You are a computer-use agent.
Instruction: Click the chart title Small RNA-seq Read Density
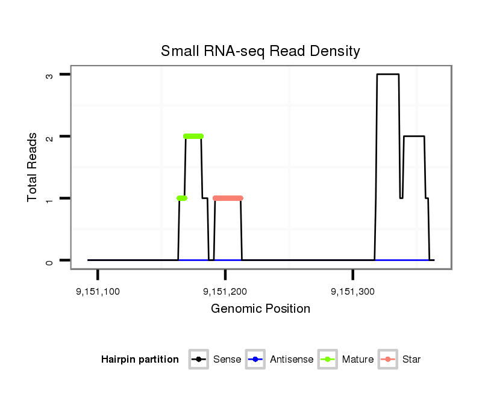point(260,51)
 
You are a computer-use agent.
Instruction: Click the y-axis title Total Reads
point(33,167)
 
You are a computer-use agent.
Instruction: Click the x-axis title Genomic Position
point(260,309)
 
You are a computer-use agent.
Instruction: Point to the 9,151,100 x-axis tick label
point(98,292)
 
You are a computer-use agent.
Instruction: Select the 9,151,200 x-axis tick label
point(225,292)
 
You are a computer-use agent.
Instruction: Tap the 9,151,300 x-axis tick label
point(352,292)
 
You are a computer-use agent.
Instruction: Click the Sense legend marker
point(199,360)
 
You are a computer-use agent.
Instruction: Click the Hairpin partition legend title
point(140,360)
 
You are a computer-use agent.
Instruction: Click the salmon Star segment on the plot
point(228,198)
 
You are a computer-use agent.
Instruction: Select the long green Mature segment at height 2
point(193,136)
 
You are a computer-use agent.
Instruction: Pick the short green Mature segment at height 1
point(182,198)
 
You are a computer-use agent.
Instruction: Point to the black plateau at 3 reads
point(388,74)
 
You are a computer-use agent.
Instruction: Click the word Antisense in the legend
point(292,360)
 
